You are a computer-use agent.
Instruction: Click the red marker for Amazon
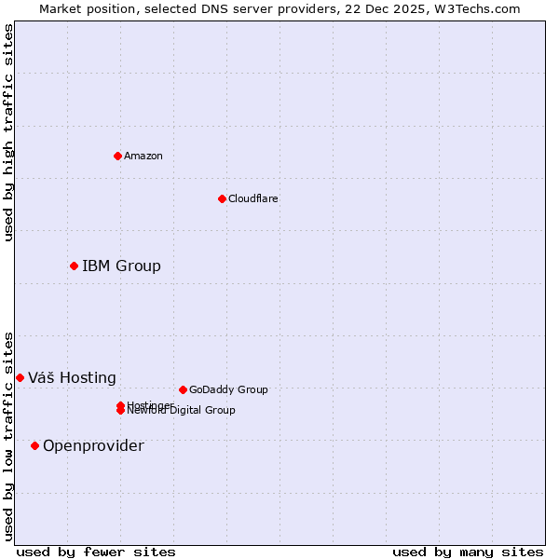117,156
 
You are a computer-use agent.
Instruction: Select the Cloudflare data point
222,198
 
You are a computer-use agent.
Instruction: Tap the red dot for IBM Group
74,266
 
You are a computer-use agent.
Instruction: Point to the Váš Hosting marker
20,377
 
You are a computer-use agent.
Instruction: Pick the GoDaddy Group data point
183,389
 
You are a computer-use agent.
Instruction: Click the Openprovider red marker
34,445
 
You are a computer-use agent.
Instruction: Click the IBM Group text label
121,266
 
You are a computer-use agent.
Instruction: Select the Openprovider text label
93,445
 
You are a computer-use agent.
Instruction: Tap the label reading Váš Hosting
72,377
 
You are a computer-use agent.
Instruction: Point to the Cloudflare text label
253,198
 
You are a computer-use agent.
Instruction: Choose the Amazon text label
143,156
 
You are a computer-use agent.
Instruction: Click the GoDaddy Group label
228,389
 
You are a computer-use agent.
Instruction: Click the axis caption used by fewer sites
96,552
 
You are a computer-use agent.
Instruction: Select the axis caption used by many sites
468,552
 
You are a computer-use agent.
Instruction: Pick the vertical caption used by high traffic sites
8,132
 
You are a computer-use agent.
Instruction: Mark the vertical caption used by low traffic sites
8,435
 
